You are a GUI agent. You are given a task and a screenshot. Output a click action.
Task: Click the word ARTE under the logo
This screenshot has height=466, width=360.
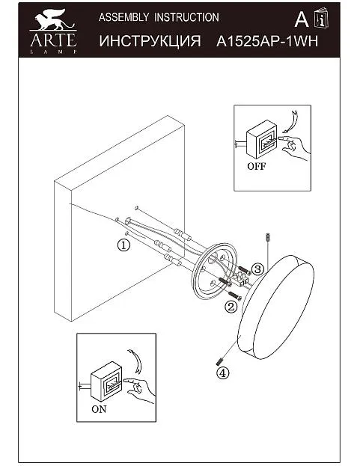(53, 40)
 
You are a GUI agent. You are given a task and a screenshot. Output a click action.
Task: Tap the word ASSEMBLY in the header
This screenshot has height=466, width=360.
(123, 17)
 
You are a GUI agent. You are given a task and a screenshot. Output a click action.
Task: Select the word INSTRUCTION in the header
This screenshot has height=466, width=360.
(186, 17)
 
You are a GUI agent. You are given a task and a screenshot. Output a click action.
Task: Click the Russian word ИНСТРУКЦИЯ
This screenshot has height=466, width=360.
(150, 41)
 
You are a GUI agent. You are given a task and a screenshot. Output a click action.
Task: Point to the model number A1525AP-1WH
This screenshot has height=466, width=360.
(267, 41)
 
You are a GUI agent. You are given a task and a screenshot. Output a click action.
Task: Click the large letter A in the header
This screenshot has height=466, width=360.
(302, 20)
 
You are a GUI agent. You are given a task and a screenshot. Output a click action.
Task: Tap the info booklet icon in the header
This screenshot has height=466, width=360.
(321, 19)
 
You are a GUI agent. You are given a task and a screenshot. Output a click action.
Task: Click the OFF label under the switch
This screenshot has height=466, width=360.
(256, 166)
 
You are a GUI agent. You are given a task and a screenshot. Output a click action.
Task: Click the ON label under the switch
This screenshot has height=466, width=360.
(99, 409)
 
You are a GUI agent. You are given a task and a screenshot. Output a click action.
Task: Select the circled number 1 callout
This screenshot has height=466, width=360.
(123, 245)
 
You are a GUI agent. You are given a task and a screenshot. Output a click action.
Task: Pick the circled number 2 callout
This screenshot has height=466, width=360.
(231, 307)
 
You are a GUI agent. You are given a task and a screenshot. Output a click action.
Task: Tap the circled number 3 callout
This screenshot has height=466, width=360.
(257, 269)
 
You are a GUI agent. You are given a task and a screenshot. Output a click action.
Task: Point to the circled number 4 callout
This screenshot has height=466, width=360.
(223, 373)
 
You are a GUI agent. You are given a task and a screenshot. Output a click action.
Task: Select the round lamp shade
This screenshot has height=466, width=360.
(275, 307)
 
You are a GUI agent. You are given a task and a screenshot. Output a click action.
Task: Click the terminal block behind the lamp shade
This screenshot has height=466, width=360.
(241, 279)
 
